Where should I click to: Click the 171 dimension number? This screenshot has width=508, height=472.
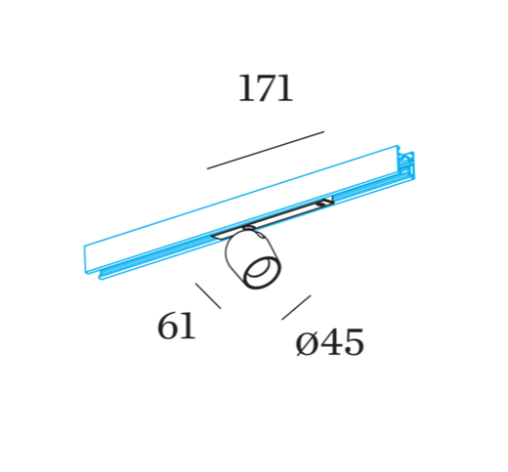(265, 88)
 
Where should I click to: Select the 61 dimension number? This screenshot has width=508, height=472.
(176, 326)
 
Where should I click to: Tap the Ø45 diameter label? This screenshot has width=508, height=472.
(330, 343)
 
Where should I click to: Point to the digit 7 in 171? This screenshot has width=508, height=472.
(265, 88)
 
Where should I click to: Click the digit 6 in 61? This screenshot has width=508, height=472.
(168, 326)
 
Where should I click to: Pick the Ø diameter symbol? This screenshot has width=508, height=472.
(305, 344)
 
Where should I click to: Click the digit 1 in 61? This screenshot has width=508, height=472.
(188, 326)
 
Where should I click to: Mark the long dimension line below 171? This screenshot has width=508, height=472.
(265, 150)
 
